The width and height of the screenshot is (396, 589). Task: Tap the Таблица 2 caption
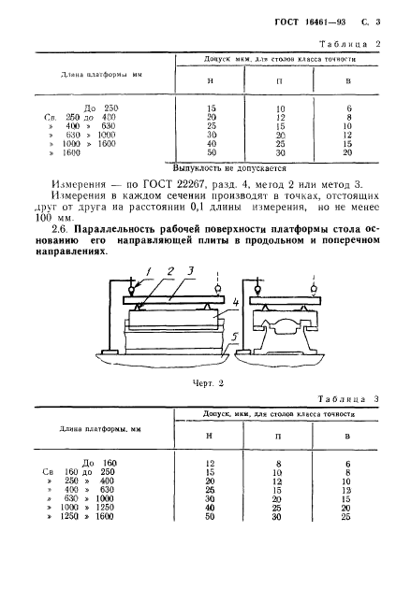pyautogui.click(x=347, y=44)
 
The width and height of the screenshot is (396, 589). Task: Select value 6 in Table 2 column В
pyautogui.click(x=346, y=108)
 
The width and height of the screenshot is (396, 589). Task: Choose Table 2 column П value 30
pyautogui.click(x=280, y=152)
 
